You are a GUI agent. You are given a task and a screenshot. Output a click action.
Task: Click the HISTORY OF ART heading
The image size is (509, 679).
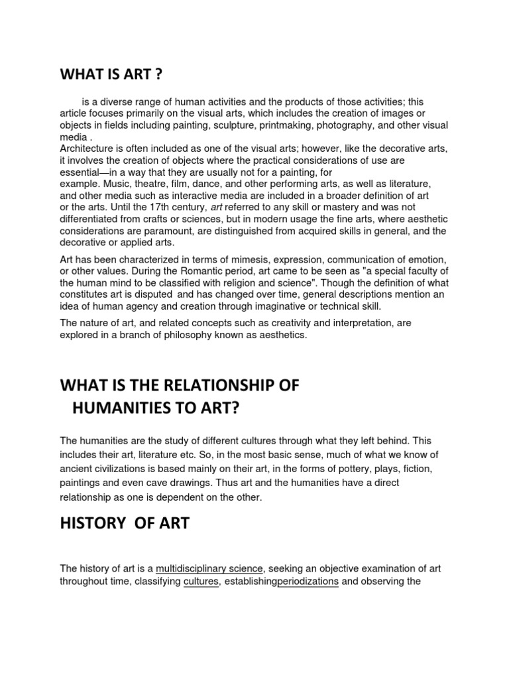pos(125,523)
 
